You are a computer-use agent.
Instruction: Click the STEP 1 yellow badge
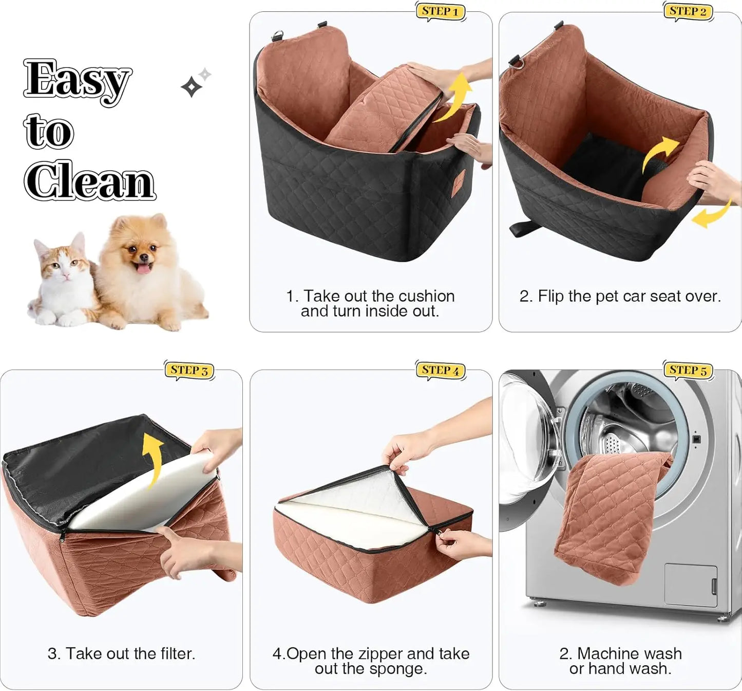(440, 11)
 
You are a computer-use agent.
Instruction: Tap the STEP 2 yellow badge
(688, 11)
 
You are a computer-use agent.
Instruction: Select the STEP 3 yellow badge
(189, 370)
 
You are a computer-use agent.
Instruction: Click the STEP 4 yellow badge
(440, 370)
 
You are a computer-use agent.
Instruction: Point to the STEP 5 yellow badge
(688, 370)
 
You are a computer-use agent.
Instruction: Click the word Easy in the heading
(77, 80)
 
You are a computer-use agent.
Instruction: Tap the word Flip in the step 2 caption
(551, 296)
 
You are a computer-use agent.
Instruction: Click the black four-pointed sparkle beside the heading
(191, 87)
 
